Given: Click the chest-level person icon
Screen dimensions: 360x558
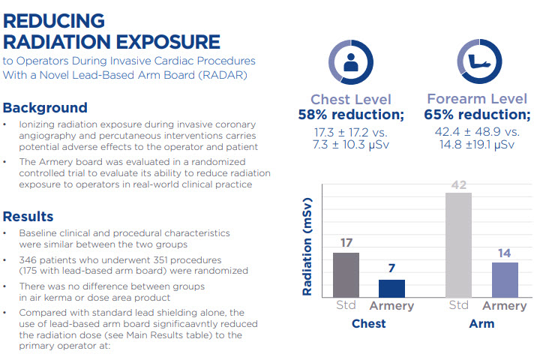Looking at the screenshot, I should [x=351, y=63].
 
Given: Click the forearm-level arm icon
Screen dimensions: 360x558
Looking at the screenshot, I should [x=477, y=63].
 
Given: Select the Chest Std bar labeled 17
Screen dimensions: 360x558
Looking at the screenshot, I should [x=346, y=275].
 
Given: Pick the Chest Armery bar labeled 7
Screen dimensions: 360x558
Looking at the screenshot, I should [x=391, y=289].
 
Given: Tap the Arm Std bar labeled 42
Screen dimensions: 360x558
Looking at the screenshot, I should [x=458, y=245].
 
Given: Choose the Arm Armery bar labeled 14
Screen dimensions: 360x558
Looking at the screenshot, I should [x=505, y=280].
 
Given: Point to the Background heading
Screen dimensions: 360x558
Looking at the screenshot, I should [x=45, y=107].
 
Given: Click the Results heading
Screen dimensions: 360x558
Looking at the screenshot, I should [x=28, y=217].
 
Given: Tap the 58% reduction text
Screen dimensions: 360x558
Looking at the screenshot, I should [x=351, y=115].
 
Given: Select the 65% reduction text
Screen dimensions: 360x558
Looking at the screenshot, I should [x=477, y=115].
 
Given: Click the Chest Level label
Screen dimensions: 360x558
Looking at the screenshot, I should [x=351, y=99].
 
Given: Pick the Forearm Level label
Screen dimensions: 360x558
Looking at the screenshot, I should [x=477, y=99].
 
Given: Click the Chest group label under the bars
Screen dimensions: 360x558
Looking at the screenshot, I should [x=368, y=323].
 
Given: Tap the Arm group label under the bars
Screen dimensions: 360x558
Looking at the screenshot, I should [x=481, y=323].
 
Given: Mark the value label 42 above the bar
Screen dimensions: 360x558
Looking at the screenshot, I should [x=458, y=184].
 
